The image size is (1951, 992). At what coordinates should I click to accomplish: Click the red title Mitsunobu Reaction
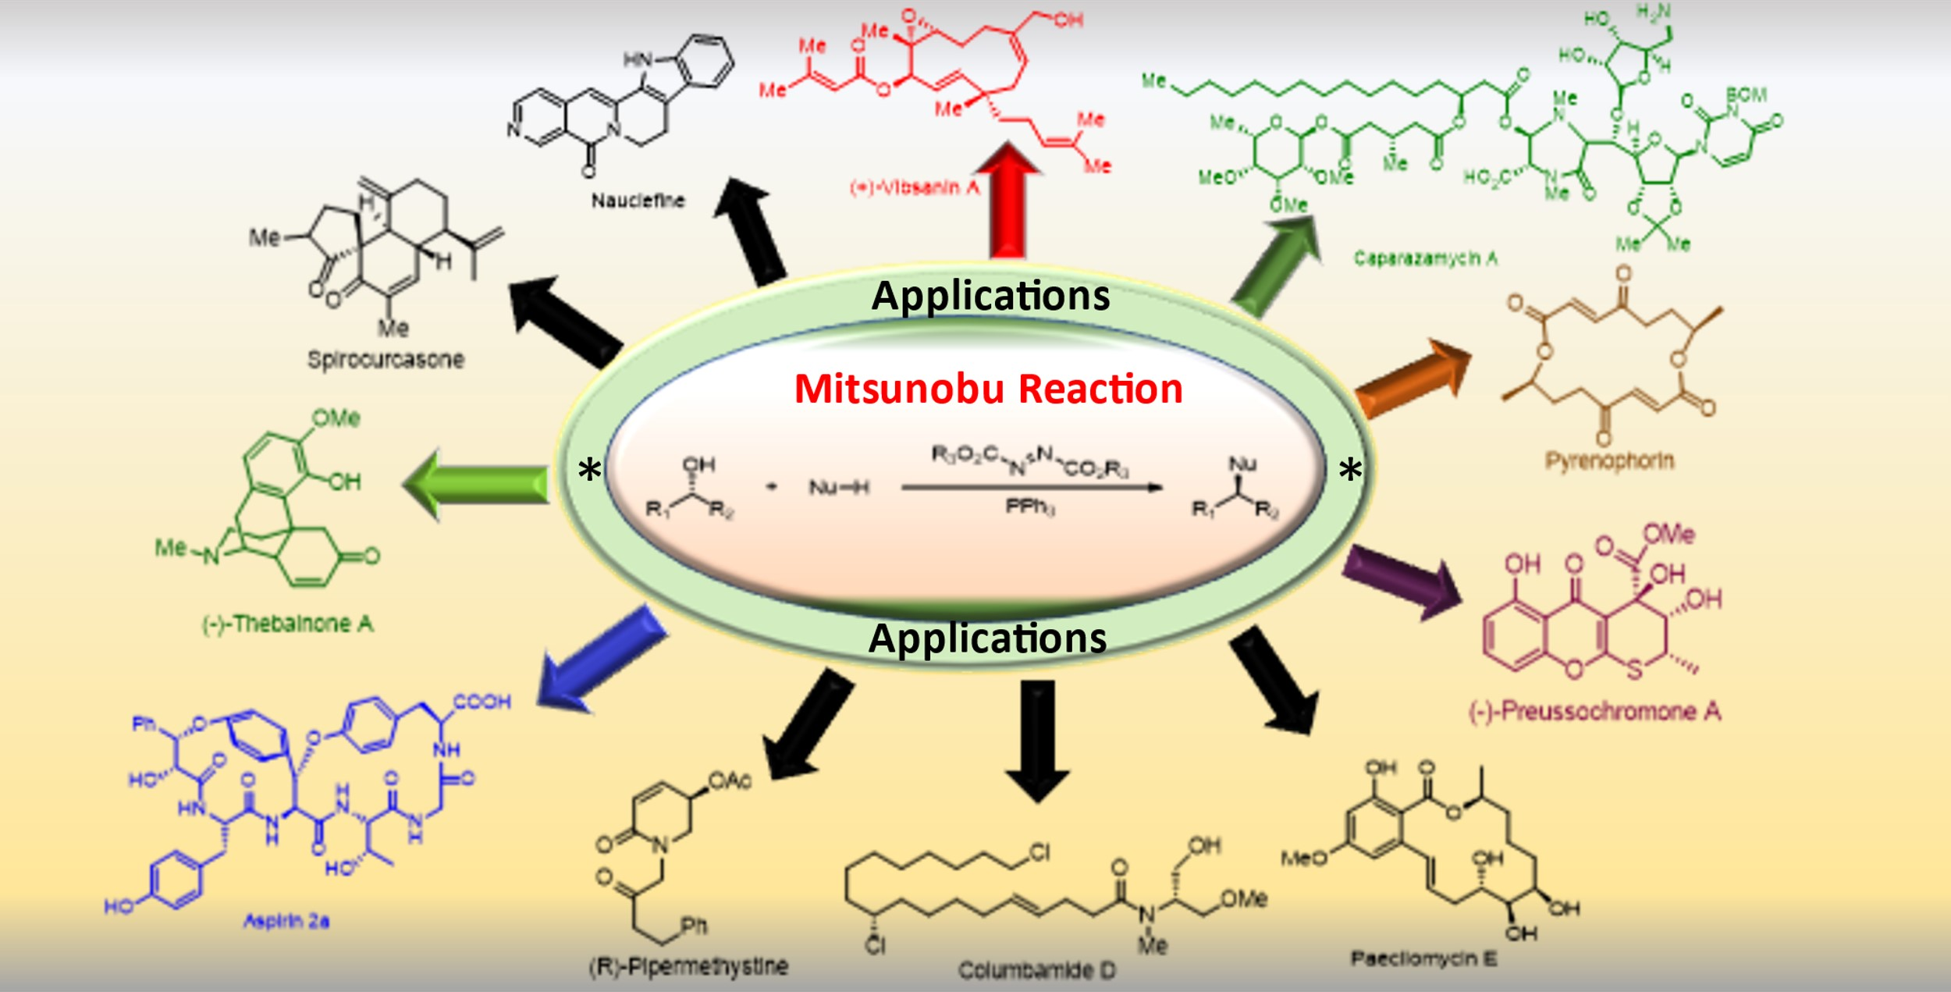click(x=988, y=389)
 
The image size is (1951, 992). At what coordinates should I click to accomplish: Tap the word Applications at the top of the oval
click(x=990, y=296)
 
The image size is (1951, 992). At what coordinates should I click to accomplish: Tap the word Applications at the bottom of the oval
click(x=987, y=638)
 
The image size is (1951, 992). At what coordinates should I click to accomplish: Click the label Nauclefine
click(x=638, y=201)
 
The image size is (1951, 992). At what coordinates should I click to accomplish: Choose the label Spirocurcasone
click(x=386, y=360)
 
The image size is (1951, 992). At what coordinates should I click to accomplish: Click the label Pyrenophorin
click(x=1609, y=460)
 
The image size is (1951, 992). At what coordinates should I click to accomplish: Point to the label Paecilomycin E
click(x=1423, y=958)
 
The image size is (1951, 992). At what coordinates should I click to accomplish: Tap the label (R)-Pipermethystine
click(x=688, y=966)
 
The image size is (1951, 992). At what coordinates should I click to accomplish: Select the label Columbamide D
click(x=1036, y=970)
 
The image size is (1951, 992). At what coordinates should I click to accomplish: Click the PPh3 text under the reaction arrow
click(x=1029, y=507)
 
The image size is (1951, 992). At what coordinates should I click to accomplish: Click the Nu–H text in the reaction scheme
click(x=838, y=488)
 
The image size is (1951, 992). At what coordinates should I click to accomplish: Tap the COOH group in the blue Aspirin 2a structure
click(x=482, y=702)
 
